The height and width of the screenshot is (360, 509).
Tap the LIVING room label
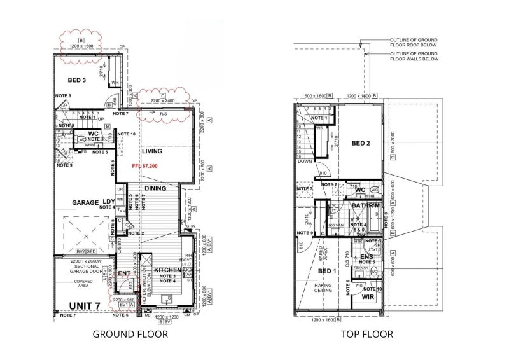pyautogui.click(x=152, y=152)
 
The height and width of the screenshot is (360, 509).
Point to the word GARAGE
pyautogui.click(x=85, y=202)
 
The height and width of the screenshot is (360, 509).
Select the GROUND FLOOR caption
pyautogui.click(x=130, y=334)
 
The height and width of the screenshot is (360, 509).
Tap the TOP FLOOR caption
pyautogui.click(x=366, y=334)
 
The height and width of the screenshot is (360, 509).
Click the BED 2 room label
pyautogui.click(x=360, y=143)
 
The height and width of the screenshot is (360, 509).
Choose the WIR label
pyautogui.click(x=367, y=296)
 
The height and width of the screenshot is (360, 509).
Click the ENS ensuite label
pyautogui.click(x=366, y=257)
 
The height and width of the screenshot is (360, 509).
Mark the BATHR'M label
pyautogui.click(x=365, y=206)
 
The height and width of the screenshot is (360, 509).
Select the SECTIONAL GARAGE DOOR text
pyautogui.click(x=81, y=268)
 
